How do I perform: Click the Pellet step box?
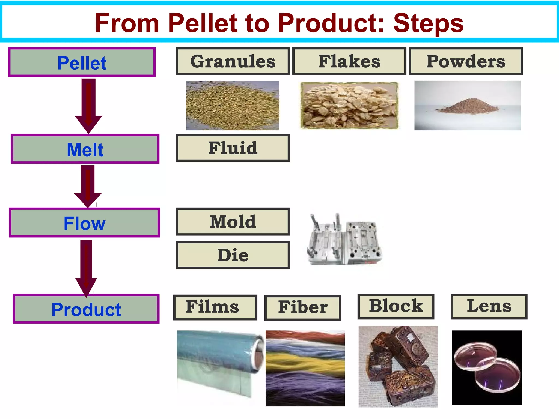82,62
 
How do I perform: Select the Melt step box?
85,149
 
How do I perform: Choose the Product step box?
86,309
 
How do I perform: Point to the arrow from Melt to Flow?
88,185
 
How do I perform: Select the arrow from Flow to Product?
86,267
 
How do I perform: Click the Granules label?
233,61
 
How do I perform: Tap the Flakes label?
349,61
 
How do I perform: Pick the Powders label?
466,61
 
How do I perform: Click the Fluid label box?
233,148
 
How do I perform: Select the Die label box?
233,255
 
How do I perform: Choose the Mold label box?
233,222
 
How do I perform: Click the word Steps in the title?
428,23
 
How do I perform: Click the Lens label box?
489,306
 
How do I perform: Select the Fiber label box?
303,307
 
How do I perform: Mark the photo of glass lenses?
487,367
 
